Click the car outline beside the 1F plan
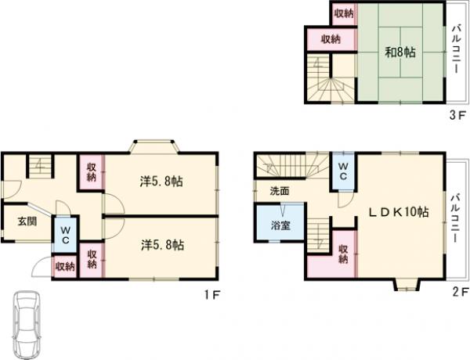27,324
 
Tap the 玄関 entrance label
27,221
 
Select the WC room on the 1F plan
66,234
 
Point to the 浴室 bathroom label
280,225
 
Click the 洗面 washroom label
280,191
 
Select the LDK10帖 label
399,212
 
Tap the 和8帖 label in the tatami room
400,52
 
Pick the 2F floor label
461,291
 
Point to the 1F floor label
212,295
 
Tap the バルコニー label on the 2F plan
456,218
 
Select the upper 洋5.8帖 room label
161,182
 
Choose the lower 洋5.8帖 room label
162,245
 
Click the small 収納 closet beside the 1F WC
65,266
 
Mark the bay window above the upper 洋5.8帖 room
154,146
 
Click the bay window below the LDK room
407,285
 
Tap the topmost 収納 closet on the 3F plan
344,13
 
